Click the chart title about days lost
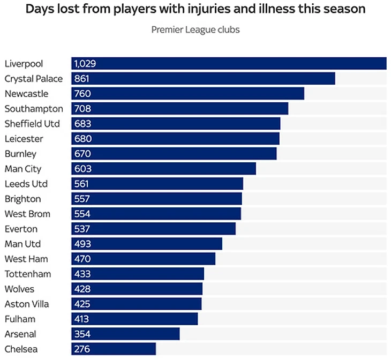195,9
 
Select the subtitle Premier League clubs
195,29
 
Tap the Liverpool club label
24,64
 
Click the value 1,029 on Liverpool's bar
85,64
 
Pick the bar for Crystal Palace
203,79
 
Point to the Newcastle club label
26,94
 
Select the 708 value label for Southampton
82,109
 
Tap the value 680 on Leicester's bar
83,139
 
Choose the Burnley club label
20,154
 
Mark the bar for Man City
163,169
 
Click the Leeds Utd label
26,184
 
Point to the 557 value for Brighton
82,199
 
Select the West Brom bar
156,214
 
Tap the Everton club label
21,229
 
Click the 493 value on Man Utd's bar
82,244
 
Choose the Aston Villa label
27,304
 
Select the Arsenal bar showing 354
125,334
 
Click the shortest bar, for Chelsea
114,349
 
